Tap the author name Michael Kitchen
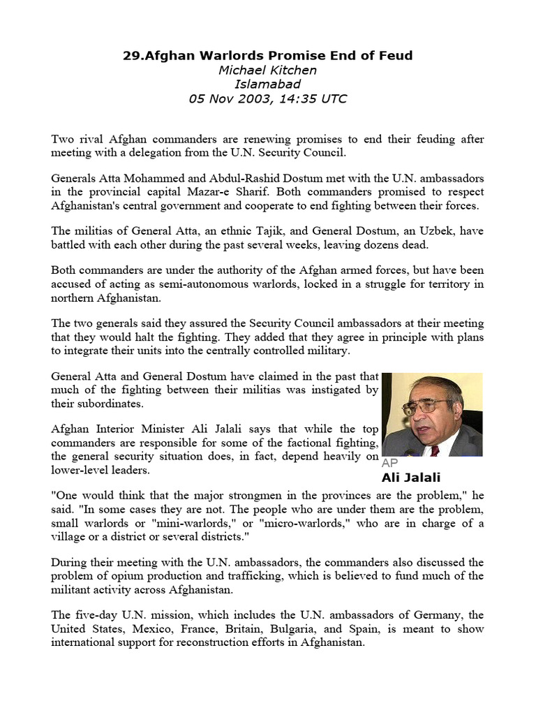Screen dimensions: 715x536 click(267, 70)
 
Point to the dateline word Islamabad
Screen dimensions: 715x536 click(267, 84)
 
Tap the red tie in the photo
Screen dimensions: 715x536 click(435, 450)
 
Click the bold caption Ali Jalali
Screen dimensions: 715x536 click(411, 478)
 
